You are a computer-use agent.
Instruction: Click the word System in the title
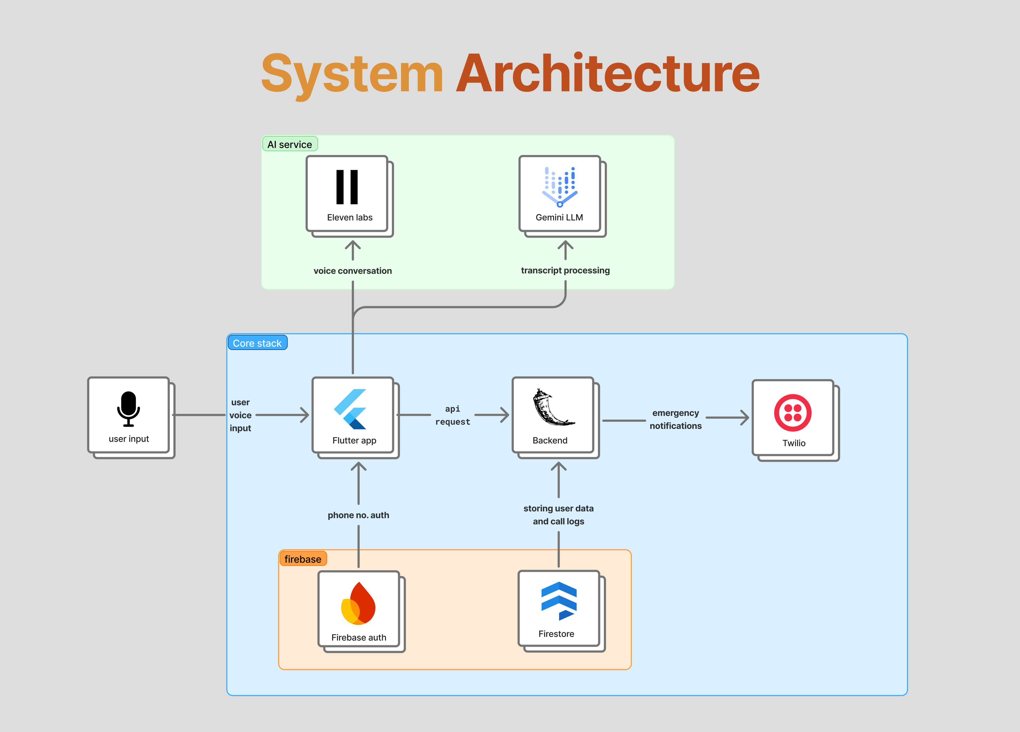[352, 76]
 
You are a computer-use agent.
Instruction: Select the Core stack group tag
[257, 343]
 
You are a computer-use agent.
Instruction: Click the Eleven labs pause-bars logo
[347, 187]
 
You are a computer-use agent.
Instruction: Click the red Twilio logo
[793, 413]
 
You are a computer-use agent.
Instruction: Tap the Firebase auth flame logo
[358, 603]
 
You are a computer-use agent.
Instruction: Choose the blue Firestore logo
[559, 601]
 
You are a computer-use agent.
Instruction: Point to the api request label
[453, 415]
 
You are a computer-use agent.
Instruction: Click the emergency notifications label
[676, 419]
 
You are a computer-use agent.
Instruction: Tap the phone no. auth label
[358, 515]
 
